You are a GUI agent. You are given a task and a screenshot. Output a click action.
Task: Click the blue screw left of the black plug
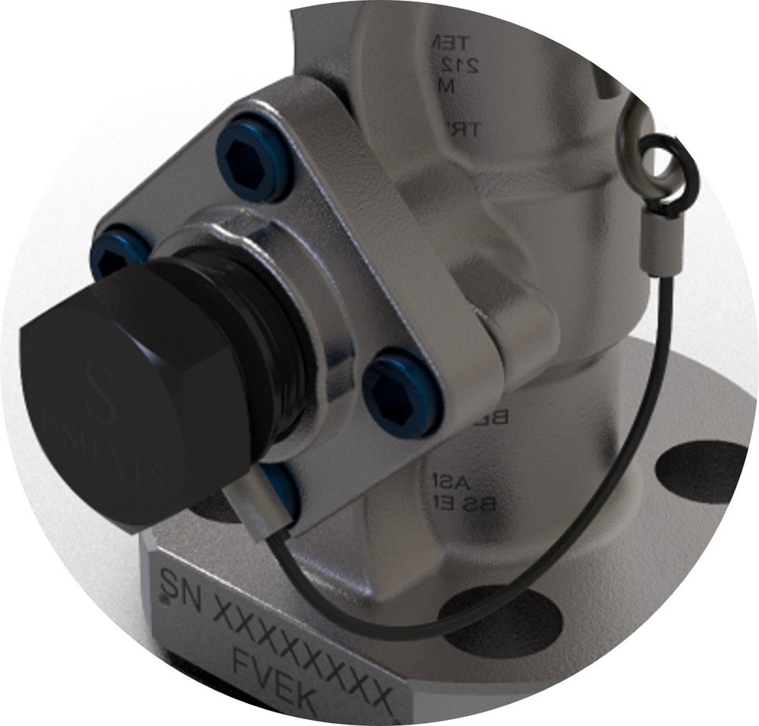point(114,254)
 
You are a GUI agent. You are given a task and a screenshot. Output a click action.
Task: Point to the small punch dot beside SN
point(164,601)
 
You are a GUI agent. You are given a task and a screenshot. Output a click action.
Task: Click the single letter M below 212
point(447,87)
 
